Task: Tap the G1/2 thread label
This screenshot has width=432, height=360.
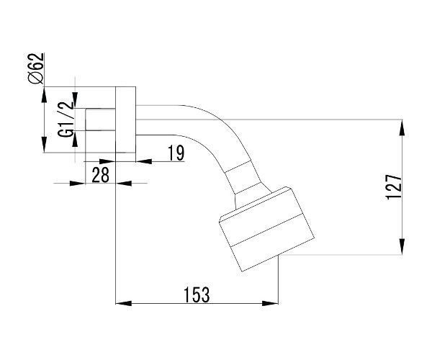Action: click(x=66, y=119)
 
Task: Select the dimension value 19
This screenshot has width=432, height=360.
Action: click(x=176, y=153)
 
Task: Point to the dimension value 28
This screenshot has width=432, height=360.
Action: click(x=100, y=175)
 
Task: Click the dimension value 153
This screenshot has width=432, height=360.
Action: click(x=197, y=294)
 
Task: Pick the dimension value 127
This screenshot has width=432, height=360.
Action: click(x=394, y=186)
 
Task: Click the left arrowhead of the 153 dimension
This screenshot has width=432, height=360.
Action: click(x=123, y=303)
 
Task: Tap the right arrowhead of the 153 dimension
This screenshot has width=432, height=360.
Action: click(x=270, y=303)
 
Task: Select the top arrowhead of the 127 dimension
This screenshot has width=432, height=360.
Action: click(x=402, y=128)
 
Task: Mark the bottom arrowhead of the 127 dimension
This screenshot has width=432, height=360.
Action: click(x=402, y=246)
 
